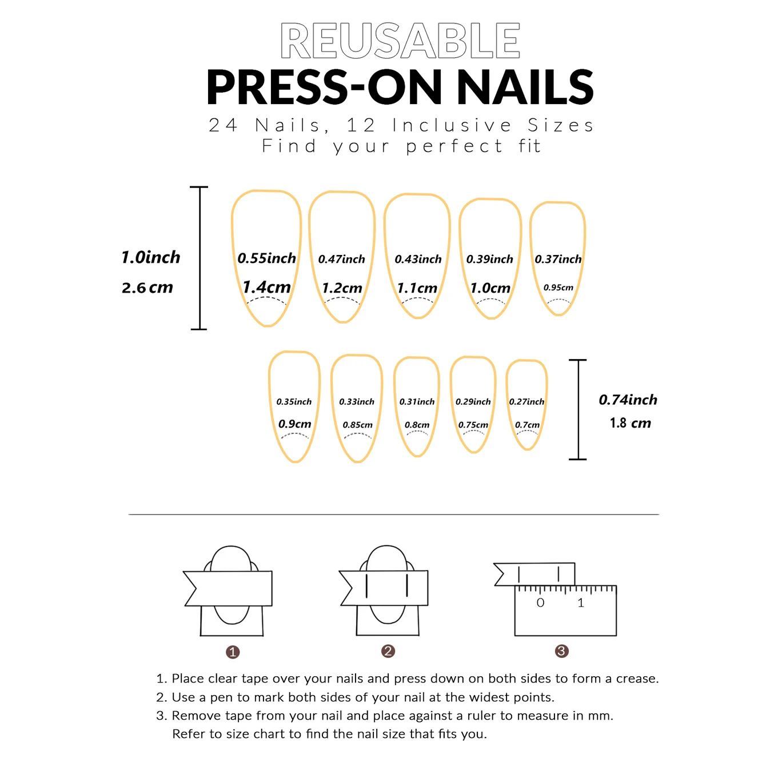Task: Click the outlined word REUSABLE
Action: tap(400, 41)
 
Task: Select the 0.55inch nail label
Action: tap(266, 258)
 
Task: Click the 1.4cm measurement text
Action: tap(266, 287)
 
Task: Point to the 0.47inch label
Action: tap(341, 260)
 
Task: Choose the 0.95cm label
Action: tap(558, 288)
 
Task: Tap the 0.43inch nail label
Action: tap(418, 260)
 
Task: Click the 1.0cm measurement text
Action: tap(490, 288)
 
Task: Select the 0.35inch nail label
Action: tap(294, 402)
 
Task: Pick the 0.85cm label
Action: tap(357, 425)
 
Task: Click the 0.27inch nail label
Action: tap(526, 402)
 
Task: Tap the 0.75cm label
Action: tap(473, 425)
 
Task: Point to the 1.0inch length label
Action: tap(150, 257)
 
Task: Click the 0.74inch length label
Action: tap(628, 400)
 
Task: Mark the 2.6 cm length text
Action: tap(147, 288)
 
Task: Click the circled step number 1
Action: tap(233, 652)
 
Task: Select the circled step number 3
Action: tap(561, 651)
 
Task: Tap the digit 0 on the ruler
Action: tap(540, 603)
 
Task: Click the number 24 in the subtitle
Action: tap(223, 125)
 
